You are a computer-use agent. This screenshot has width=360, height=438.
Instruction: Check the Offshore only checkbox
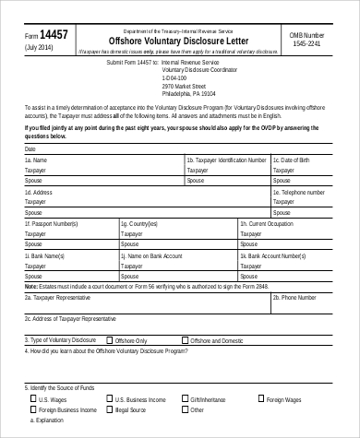(x=110, y=340)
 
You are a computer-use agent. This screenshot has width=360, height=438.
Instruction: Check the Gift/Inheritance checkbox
(x=185, y=400)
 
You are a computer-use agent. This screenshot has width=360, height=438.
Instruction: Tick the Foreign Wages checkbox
(x=260, y=400)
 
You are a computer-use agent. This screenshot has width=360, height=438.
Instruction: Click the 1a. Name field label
(x=38, y=160)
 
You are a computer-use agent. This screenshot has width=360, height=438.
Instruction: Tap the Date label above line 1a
(x=30, y=148)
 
